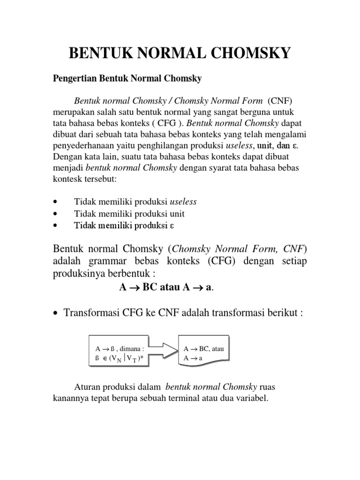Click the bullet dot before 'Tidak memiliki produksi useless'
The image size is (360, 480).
56,202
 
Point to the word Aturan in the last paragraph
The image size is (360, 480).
87,387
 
